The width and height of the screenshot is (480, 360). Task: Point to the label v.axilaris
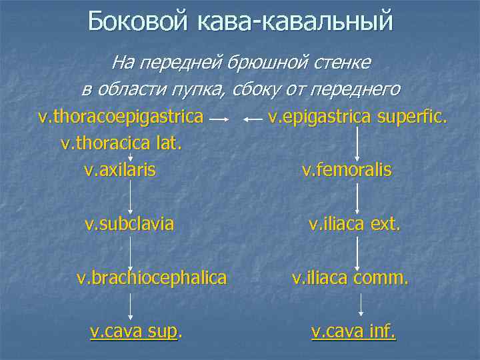point(120,169)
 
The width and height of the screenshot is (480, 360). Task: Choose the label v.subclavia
point(129,223)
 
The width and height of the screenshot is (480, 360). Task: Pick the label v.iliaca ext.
point(354,223)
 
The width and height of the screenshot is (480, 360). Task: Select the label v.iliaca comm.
point(350,277)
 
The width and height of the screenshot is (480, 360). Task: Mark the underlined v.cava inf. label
point(353,330)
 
